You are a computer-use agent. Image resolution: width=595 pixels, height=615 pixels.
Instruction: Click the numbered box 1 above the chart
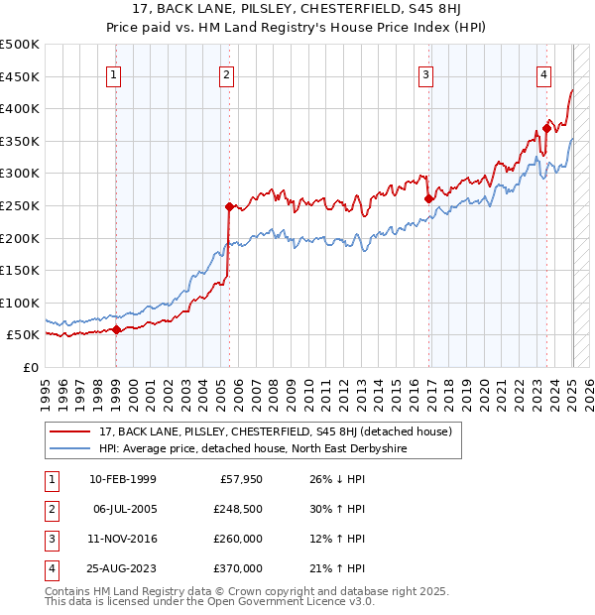point(114,74)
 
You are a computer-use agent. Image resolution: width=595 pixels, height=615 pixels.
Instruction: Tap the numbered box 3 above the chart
point(425,74)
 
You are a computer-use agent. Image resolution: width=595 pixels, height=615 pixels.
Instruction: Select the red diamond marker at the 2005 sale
point(229,206)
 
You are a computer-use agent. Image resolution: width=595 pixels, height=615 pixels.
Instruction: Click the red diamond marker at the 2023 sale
point(546,128)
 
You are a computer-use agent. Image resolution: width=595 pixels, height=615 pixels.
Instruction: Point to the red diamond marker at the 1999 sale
point(116,329)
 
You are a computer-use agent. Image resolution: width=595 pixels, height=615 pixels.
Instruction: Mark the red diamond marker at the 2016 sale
point(428,198)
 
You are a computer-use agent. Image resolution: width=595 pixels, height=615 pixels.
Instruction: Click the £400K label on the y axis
point(21,108)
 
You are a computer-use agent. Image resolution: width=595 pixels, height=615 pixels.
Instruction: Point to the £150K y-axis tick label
point(21,270)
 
